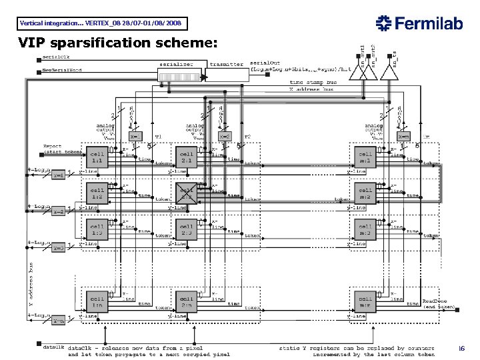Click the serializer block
(177, 65)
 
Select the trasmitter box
(226, 65)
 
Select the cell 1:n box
(97, 301)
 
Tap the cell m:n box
(364, 301)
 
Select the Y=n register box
(58, 320)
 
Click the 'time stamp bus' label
(313, 83)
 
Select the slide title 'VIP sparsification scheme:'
(117, 43)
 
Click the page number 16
(460, 348)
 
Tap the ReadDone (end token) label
(438, 304)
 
